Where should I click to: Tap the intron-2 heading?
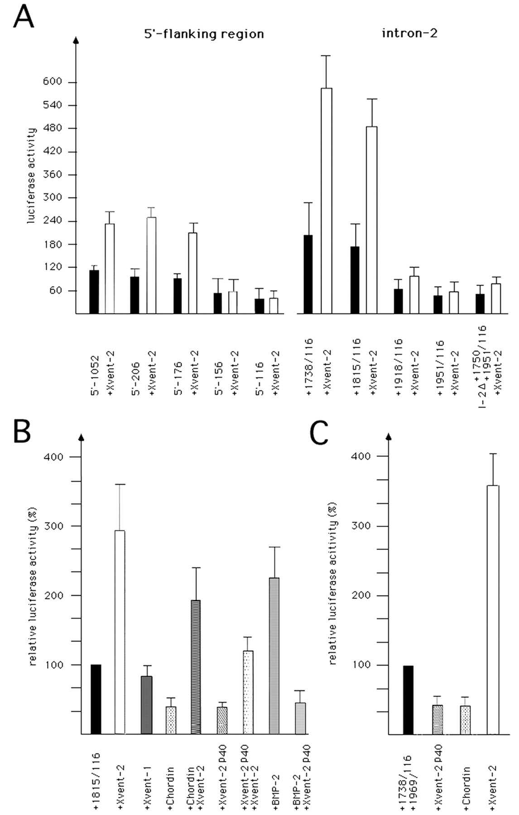pos(409,33)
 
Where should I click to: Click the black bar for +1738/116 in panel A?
pos(308,274)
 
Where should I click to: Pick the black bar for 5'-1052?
pos(94,292)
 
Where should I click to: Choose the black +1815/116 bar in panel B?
pos(96,699)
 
